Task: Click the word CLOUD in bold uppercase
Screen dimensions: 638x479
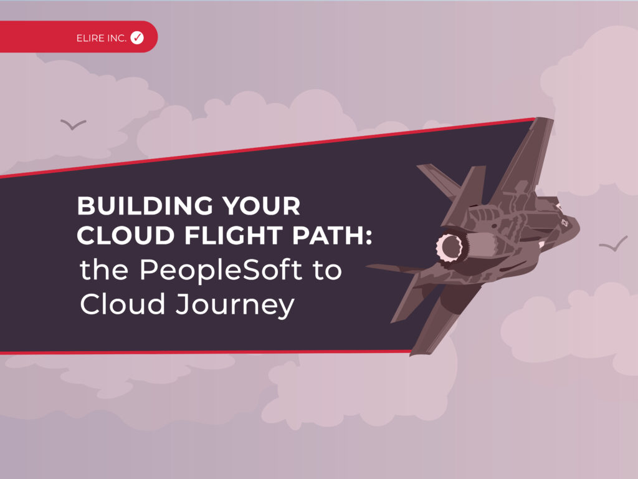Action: (x=126, y=235)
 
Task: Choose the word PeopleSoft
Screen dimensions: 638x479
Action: (x=221, y=271)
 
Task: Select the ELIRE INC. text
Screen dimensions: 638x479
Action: (x=102, y=38)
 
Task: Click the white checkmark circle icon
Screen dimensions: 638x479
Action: (x=137, y=37)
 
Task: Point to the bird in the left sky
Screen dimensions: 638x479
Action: (x=74, y=124)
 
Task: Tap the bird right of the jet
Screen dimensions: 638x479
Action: (x=613, y=244)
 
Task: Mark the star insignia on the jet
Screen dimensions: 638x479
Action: (x=564, y=223)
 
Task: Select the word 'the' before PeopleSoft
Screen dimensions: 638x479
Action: (x=104, y=269)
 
